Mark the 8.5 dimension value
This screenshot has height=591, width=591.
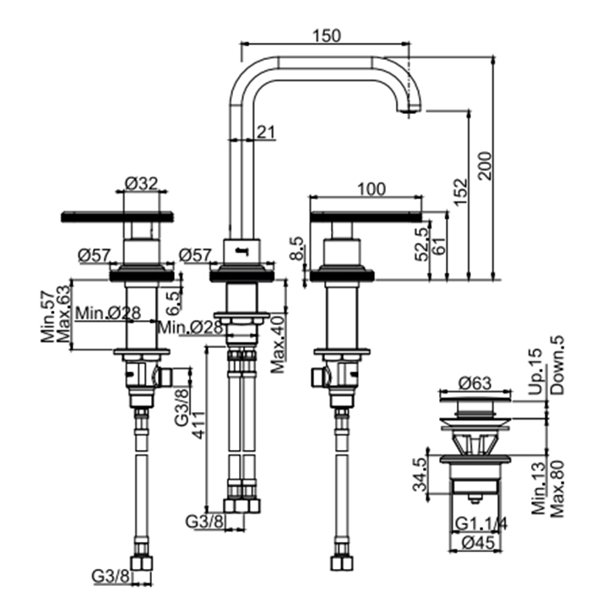coord(295,252)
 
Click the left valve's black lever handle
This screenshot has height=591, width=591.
coord(117,217)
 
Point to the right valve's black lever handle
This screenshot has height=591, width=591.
coord(366,218)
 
